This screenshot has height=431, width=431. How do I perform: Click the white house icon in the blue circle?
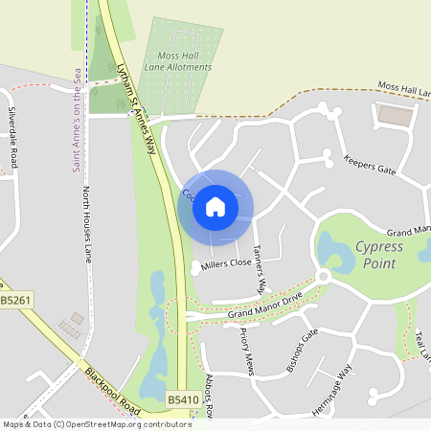(215, 206)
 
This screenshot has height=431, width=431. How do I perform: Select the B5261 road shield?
(13, 302)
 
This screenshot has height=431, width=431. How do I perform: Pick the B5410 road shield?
(182, 399)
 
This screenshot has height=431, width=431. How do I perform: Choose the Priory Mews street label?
(243, 342)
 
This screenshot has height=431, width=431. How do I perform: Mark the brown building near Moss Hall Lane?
(394, 116)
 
